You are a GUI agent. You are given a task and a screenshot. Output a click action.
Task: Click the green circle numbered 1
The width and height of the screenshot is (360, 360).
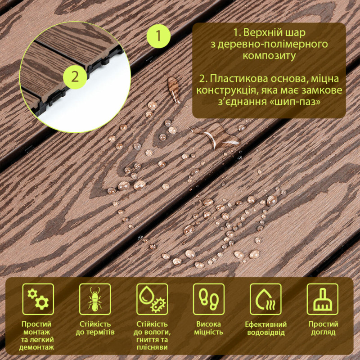pyautogui.click(x=158, y=36)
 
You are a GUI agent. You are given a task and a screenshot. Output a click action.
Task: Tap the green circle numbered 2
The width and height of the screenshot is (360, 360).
pyautogui.click(x=75, y=77)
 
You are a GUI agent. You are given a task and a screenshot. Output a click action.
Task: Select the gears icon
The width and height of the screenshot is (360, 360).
pyautogui.click(x=38, y=299)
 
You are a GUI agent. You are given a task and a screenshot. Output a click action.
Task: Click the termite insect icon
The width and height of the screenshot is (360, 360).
pyautogui.click(x=95, y=299)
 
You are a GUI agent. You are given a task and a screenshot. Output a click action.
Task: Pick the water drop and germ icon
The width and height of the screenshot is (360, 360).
pyautogui.click(x=152, y=299)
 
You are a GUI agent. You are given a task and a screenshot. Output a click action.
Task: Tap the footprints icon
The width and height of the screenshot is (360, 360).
pyautogui.click(x=209, y=299)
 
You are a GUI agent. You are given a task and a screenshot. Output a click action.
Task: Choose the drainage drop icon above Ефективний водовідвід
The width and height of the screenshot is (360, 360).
pyautogui.click(x=265, y=299)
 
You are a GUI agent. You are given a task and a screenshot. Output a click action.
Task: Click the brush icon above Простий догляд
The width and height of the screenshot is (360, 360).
pyautogui.click(x=323, y=299)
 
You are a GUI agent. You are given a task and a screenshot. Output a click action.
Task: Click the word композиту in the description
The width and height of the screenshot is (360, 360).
pyautogui.click(x=269, y=56)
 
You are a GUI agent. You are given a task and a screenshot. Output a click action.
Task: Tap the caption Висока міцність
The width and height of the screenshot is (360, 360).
pyautogui.click(x=209, y=328)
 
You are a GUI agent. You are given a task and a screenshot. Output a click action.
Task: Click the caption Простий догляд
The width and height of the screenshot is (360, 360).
pyautogui.click(x=323, y=328)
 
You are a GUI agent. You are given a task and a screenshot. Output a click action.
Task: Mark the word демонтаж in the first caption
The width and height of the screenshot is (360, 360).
pyautogui.click(x=36, y=347)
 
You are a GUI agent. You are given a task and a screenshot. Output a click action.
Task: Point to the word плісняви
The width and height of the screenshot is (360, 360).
pyautogui.click(x=152, y=347)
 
